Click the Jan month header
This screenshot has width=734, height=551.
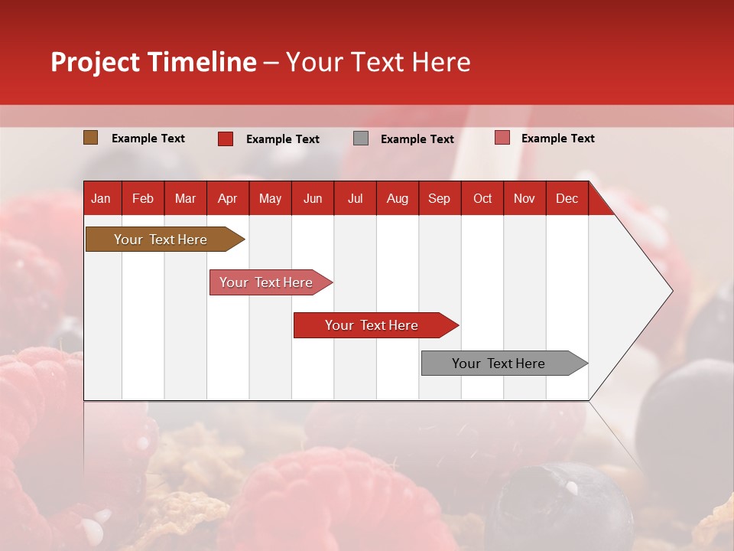(102, 198)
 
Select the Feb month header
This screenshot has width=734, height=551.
(143, 198)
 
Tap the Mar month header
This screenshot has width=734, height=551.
(185, 198)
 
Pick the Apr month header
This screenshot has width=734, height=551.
(227, 198)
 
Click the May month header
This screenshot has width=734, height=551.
(270, 198)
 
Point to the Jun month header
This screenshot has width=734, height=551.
(313, 198)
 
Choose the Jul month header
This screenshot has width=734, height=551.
(355, 198)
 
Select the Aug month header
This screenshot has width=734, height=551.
(397, 198)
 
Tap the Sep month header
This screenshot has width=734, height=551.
(439, 198)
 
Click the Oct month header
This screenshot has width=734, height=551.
(482, 198)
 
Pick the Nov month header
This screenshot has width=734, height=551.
(525, 198)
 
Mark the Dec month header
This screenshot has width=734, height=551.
(567, 198)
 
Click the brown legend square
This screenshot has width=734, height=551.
(90, 138)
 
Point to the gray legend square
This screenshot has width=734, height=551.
(361, 139)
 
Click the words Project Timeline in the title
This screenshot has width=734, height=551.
(154, 62)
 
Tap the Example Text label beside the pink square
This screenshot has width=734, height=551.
(557, 139)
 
